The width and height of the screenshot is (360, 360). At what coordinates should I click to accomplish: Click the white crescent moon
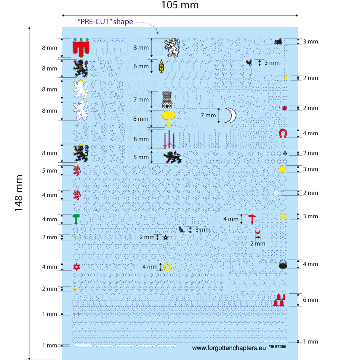click(230, 115)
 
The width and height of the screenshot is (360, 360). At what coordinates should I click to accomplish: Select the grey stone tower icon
click(167, 99)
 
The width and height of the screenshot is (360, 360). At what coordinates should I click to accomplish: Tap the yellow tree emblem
click(168, 118)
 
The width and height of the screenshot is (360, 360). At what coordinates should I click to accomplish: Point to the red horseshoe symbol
click(282, 133)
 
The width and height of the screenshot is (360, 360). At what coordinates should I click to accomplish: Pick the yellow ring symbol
click(167, 266)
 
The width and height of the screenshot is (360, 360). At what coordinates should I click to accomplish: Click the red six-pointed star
click(77, 267)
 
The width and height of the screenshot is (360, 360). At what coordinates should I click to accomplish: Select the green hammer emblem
click(77, 219)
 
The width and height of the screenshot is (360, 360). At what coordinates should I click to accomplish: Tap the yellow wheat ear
click(162, 66)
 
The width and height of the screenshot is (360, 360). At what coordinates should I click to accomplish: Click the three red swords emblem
click(169, 139)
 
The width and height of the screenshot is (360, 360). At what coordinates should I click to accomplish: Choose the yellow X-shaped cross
click(283, 216)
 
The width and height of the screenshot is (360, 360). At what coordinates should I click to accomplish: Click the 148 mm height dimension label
click(19, 193)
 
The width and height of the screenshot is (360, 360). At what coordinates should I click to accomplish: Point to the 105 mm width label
click(180, 5)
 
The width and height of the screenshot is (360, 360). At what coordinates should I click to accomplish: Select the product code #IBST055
click(277, 347)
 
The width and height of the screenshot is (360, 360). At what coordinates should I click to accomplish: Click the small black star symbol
click(165, 237)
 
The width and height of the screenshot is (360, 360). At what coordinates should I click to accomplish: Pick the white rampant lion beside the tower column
click(172, 48)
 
